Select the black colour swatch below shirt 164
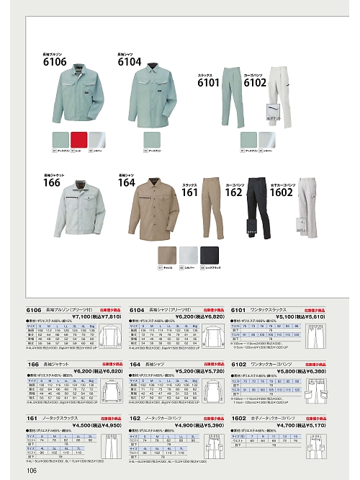coord(210,254)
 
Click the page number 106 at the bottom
coord(30,471)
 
